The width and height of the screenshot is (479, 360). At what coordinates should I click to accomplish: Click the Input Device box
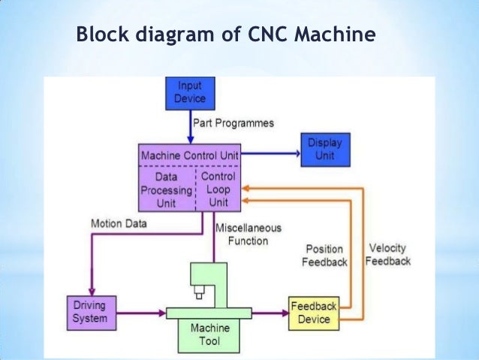point(189,92)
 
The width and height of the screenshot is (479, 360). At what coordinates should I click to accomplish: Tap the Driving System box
point(90,312)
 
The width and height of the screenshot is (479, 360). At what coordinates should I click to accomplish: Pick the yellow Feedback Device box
point(313,312)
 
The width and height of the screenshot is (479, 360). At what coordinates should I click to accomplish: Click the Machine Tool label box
point(209,335)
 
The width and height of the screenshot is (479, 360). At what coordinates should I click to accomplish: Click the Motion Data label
point(119,223)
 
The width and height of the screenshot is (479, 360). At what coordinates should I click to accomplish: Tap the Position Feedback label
point(324,256)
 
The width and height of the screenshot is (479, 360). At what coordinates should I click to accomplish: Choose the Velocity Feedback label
point(390,255)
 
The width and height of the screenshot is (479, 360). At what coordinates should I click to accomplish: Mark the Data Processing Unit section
point(167,191)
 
